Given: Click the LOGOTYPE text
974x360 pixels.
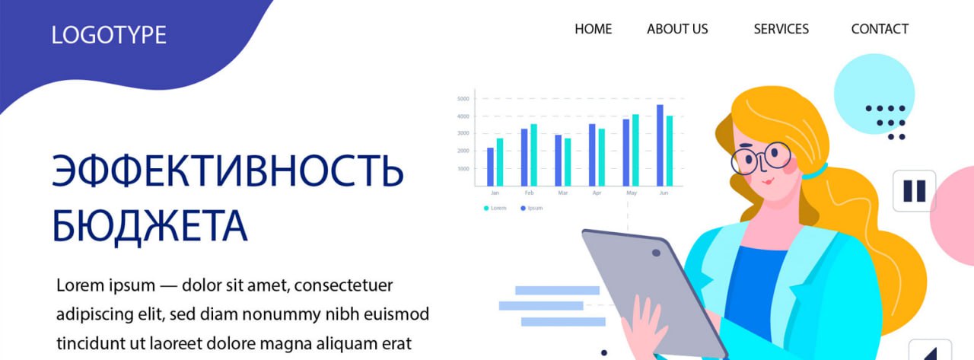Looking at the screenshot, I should point(109,35).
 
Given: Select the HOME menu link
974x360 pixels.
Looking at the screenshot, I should point(593,29).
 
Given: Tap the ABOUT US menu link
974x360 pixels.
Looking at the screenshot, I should point(677,29).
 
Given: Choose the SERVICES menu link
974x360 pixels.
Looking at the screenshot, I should point(781,29).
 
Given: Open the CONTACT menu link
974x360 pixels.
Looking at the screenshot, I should point(880,29).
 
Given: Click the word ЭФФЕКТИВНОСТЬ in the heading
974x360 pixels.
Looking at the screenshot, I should point(227,171).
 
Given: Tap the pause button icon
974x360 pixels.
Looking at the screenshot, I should point(914,190).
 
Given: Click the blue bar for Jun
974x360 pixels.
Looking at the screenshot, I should point(660,145).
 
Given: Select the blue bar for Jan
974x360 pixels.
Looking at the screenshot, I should point(490,167).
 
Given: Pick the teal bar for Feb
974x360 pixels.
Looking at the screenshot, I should point(533,155).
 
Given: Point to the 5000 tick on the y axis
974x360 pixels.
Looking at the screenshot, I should point(463,99).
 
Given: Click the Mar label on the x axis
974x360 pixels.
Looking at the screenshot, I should point(562,193).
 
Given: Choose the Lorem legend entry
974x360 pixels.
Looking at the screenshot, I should point(495,208).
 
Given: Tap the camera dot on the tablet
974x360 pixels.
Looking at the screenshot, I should point(656,253).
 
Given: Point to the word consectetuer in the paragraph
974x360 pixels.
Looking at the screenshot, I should point(343,285).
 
